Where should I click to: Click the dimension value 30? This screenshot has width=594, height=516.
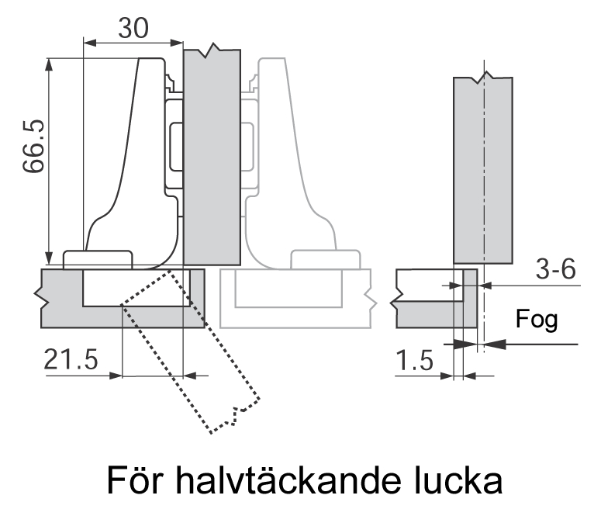(x=133, y=28)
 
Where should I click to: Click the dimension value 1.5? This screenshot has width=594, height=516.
(x=415, y=360)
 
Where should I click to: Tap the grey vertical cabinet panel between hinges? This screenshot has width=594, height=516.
(x=212, y=155)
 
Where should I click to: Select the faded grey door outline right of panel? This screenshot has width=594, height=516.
(x=295, y=299)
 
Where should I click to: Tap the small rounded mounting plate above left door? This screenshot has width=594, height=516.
(x=98, y=258)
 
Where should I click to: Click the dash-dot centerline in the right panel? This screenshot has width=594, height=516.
(x=483, y=194)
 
